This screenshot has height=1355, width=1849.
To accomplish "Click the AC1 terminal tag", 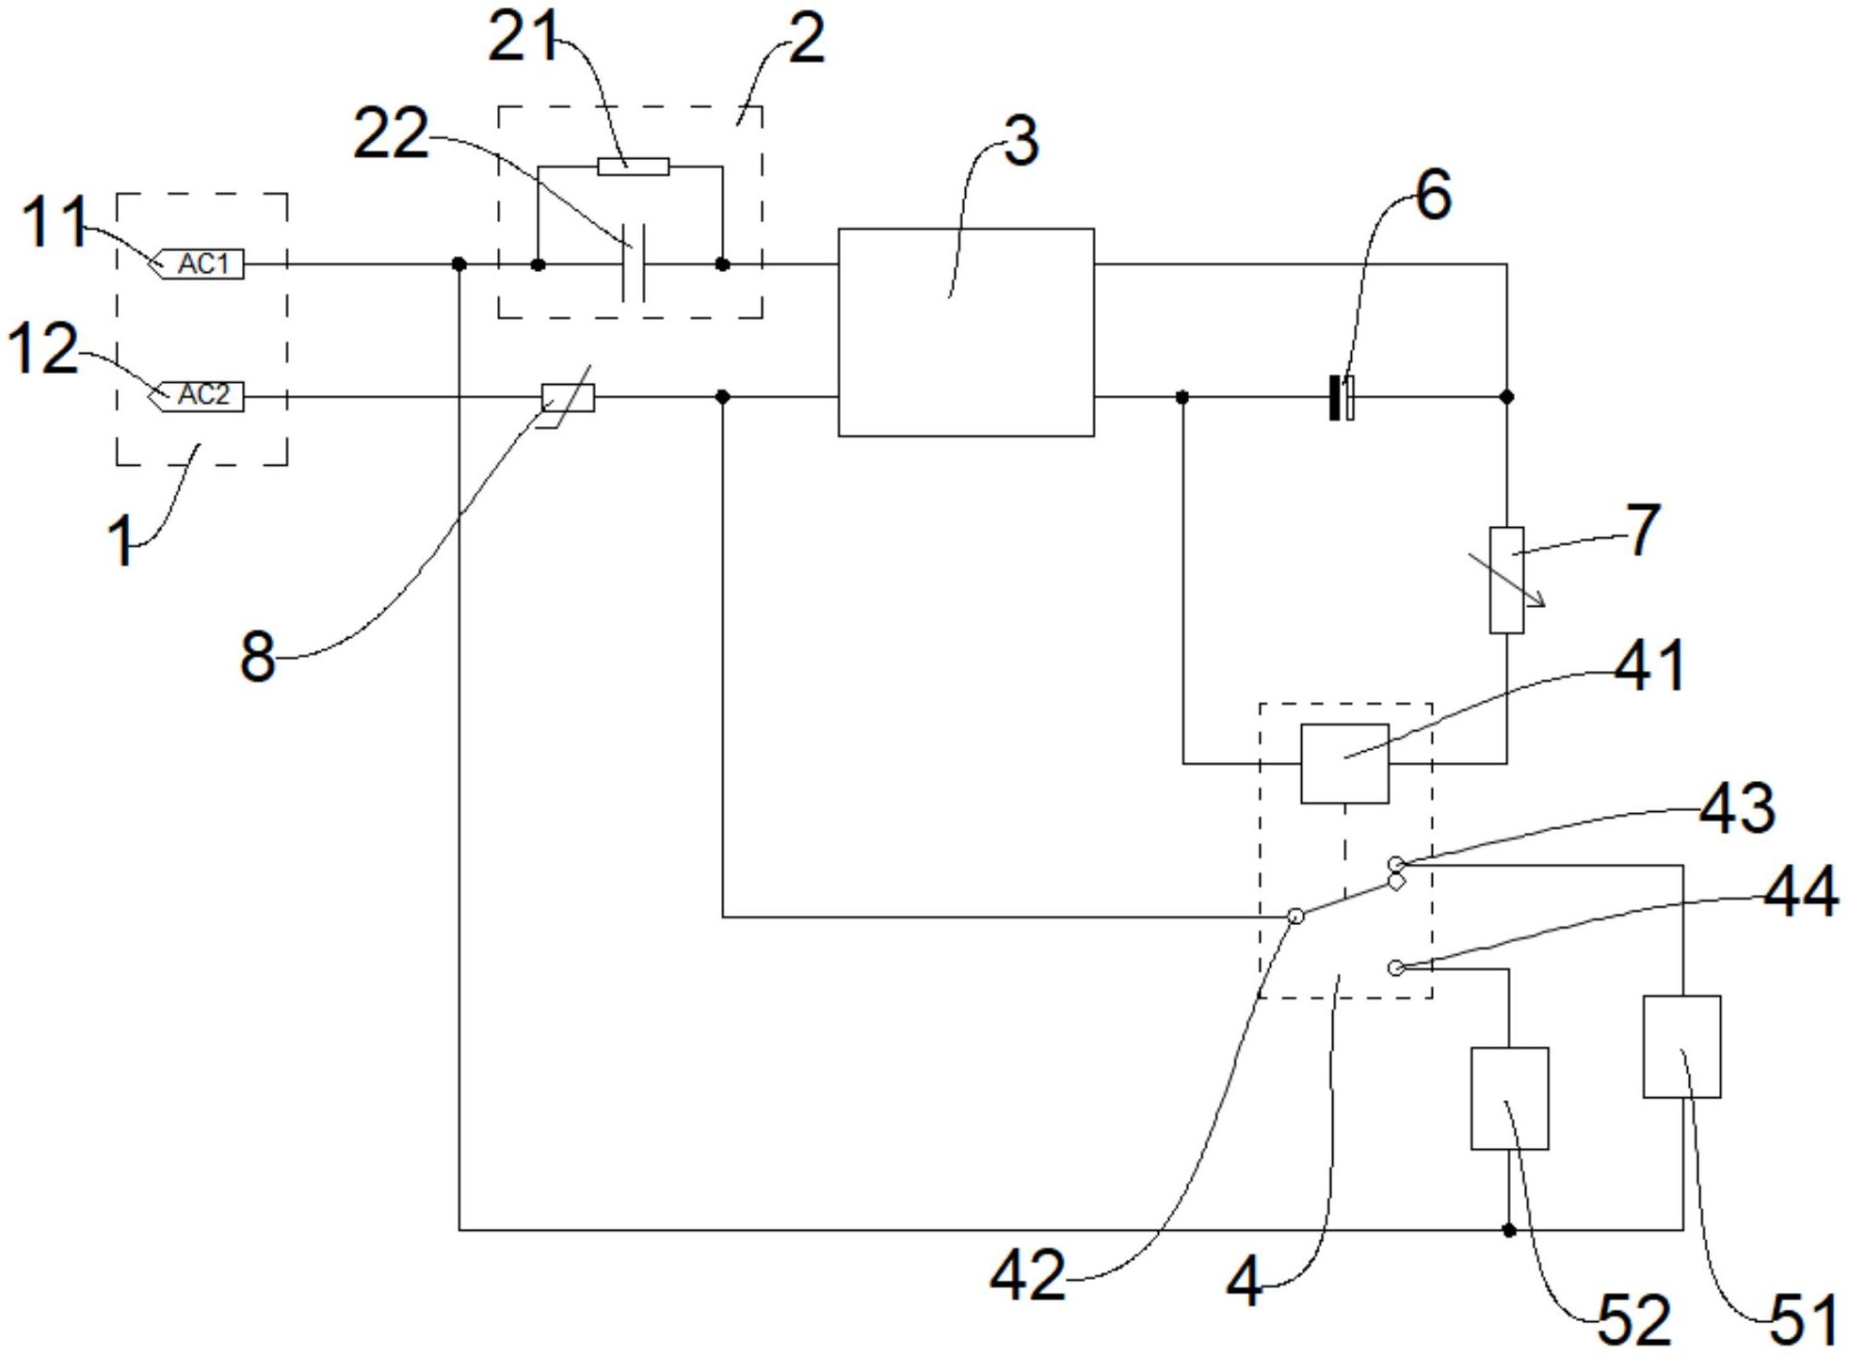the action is (x=199, y=264).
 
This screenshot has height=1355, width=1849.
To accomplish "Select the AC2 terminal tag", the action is (x=199, y=396).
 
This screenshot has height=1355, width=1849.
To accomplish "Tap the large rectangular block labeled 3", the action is (x=966, y=332).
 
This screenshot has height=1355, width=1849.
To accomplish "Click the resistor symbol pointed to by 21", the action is (x=634, y=167).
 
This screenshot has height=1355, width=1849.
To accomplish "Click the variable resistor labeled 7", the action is (x=1506, y=580).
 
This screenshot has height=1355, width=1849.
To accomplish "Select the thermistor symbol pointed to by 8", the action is (x=568, y=397).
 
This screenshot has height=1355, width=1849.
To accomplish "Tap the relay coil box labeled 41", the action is (x=1344, y=763).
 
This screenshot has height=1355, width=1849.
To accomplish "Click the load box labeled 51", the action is (x=1682, y=1046).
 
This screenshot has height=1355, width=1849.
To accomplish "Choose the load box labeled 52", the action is (x=1510, y=1098).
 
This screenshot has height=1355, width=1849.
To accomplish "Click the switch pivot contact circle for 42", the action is (x=1295, y=916).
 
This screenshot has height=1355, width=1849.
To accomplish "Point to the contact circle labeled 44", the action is (x=1396, y=968).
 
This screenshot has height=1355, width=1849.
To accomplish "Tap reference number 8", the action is (x=257, y=656).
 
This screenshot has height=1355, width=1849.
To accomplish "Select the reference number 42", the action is (x=1028, y=1275).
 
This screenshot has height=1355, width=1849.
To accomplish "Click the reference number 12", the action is (x=43, y=349).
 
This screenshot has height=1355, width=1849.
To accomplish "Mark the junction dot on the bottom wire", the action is (x=1509, y=1230).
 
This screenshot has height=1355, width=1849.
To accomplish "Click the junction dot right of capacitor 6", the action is (x=1506, y=397).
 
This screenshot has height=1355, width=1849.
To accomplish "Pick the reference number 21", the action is (x=523, y=38).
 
